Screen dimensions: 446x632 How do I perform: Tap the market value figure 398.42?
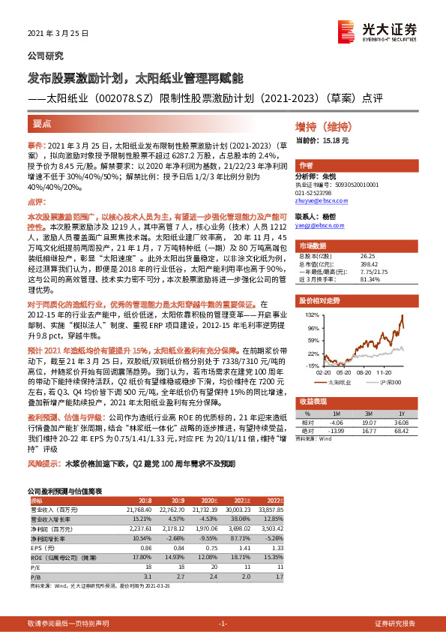pyautogui.click(x=368, y=264)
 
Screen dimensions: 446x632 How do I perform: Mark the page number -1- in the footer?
pyautogui.click(x=223, y=624)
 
